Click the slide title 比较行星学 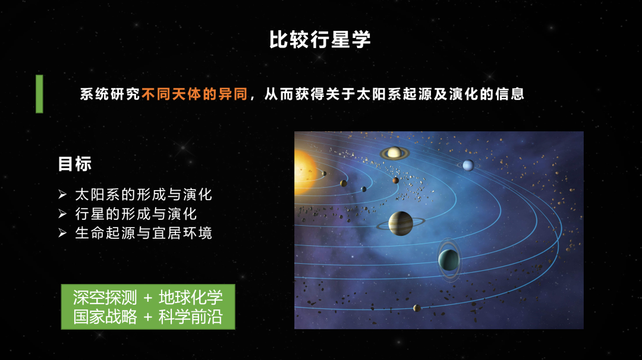[320, 40]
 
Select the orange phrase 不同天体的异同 [194, 94]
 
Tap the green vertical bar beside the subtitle [39, 94]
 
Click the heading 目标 [74, 164]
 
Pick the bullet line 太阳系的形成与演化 [143, 194]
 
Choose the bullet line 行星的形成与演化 [136, 213]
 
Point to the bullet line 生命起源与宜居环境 [143, 233]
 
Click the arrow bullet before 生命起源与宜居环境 [62, 233]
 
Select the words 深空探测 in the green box [105, 298]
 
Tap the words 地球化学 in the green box [191, 298]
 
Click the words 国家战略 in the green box [105, 317]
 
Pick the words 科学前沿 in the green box [191, 317]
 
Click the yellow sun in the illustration [304, 172]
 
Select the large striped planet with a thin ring [401, 223]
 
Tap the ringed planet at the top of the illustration [394, 153]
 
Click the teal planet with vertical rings [449, 260]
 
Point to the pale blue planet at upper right [468, 165]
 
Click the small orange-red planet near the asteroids [395, 181]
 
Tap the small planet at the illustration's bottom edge [417, 308]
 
